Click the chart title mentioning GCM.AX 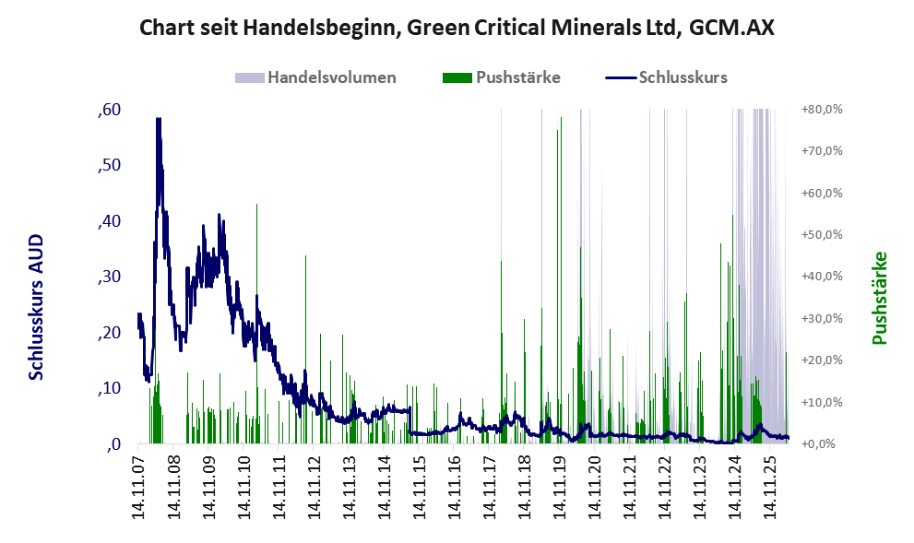pyautogui.click(x=457, y=28)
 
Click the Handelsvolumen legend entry pyautogui.click(x=315, y=77)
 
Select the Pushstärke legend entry pyautogui.click(x=502, y=77)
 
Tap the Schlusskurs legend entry pyautogui.click(x=666, y=77)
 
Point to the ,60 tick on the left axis pyautogui.click(x=110, y=110)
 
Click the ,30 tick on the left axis pyautogui.click(x=110, y=277)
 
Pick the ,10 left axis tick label pyautogui.click(x=110, y=387)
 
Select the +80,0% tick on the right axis pyautogui.click(x=822, y=110)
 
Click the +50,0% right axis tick pyautogui.click(x=822, y=235)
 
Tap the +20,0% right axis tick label pyautogui.click(x=822, y=360)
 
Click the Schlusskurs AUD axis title pyautogui.click(x=36, y=307)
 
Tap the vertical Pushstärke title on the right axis pyautogui.click(x=880, y=298)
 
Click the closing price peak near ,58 pyautogui.click(x=158, y=119)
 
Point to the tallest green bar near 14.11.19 pyautogui.click(x=561, y=280)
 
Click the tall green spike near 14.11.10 pyautogui.click(x=256, y=324)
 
